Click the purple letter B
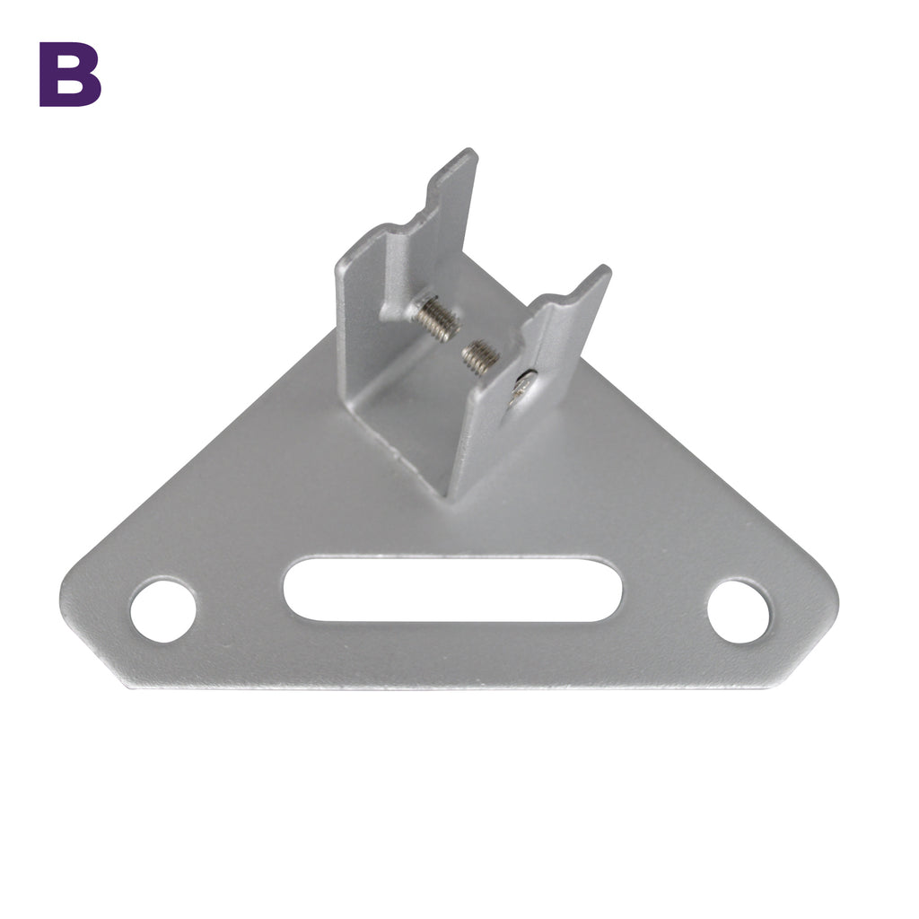point(70,74)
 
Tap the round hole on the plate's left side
point(163,610)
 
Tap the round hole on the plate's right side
point(738,611)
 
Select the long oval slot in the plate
point(452,589)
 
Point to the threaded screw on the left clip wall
point(436,319)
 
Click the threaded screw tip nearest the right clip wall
point(480,356)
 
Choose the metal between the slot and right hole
point(664,601)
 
